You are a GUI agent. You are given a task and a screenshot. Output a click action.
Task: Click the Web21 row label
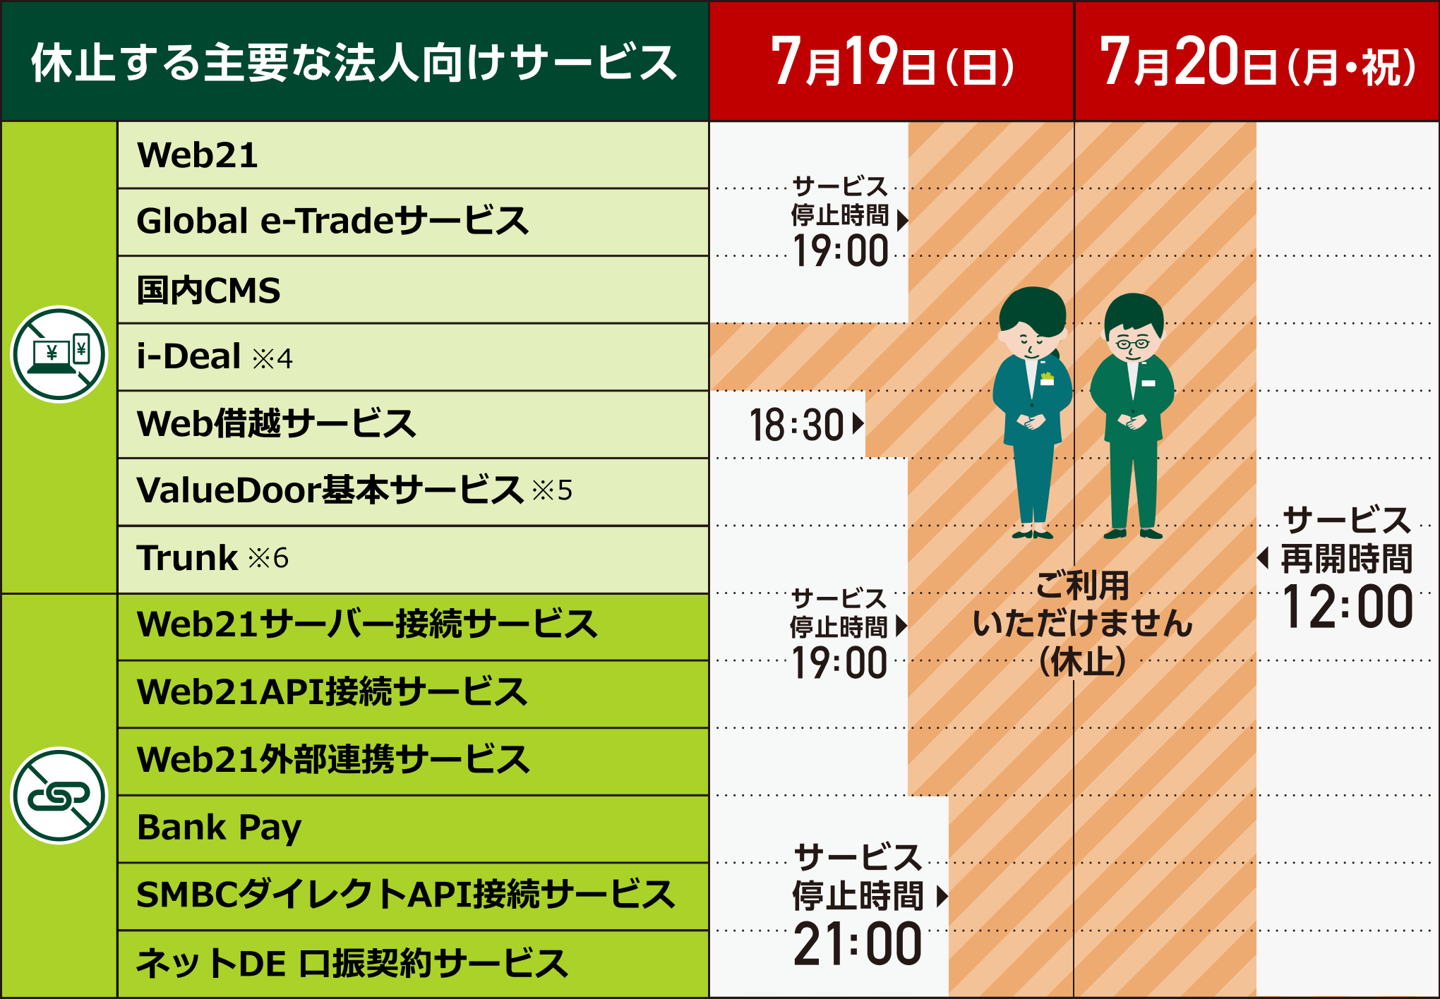198,155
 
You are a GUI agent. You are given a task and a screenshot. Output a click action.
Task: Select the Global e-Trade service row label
332,221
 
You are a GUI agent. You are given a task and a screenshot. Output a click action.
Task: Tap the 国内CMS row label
208,290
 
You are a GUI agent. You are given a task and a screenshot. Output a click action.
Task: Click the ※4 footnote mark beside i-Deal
272,358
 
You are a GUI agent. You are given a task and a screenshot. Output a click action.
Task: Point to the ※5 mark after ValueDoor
552,490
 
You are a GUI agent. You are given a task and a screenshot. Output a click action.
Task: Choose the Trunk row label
188,558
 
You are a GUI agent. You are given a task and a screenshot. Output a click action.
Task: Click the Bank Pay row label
219,828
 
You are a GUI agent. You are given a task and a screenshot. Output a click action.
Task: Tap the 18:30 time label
796,425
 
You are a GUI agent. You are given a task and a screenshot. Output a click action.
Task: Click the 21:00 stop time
858,944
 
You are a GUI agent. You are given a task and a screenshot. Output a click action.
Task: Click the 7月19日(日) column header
892,62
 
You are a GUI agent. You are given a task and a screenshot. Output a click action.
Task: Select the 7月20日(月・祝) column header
1257,62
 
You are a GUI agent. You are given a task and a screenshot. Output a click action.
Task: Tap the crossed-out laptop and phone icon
59,354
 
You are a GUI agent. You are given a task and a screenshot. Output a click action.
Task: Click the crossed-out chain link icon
59,795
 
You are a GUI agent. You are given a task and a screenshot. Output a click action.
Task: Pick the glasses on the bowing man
1132,344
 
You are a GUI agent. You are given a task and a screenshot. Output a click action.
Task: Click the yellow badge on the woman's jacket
1047,379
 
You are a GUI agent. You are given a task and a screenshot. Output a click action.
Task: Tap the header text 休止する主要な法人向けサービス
354,62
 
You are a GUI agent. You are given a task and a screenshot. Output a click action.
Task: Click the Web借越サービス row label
276,424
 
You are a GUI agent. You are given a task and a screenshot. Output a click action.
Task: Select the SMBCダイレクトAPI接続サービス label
405,895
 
